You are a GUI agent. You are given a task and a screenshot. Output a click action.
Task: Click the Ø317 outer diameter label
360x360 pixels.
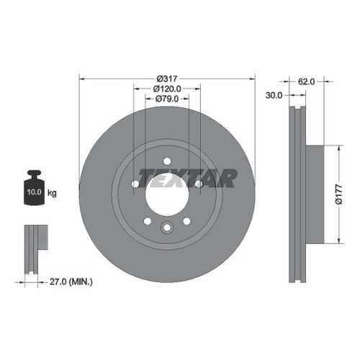point(167,78)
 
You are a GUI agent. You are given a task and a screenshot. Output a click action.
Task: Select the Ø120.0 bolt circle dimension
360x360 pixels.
point(167,89)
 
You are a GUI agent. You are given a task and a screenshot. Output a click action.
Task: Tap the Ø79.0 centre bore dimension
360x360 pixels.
point(167,99)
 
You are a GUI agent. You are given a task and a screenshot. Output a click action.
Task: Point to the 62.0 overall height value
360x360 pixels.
point(306,81)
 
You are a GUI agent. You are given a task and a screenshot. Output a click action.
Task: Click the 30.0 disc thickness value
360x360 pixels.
point(274,95)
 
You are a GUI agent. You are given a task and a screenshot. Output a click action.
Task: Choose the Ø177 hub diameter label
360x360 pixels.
point(338,194)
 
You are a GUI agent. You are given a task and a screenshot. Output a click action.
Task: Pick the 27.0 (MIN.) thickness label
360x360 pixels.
point(71,282)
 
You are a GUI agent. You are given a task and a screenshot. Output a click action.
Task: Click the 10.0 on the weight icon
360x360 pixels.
point(34,192)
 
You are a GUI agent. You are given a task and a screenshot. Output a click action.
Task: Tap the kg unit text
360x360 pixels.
point(52,193)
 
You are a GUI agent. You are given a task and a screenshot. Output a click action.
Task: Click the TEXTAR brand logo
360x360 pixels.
point(188,178)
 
